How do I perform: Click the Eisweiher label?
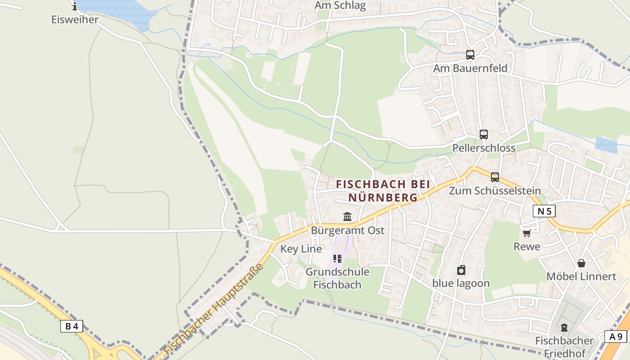point(75,20)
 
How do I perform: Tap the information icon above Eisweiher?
point(75,6)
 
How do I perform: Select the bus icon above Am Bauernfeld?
point(470,55)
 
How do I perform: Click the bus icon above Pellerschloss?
point(483,135)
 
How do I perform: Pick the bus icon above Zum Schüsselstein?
point(495,177)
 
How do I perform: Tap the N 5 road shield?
point(544,211)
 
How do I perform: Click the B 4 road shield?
point(72,326)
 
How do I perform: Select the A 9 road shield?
point(616,337)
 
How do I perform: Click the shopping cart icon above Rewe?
point(526,233)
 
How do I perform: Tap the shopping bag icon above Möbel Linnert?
point(581,263)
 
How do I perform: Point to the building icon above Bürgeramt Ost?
point(347,217)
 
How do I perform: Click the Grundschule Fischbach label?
point(337,278)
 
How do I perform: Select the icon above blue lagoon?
point(461,270)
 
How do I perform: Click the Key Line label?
point(301,249)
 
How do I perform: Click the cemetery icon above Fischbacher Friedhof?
point(564,327)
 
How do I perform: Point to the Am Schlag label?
point(340,6)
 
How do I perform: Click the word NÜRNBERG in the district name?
point(383,198)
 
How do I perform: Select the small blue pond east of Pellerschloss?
point(606,145)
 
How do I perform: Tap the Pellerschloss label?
point(484,148)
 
